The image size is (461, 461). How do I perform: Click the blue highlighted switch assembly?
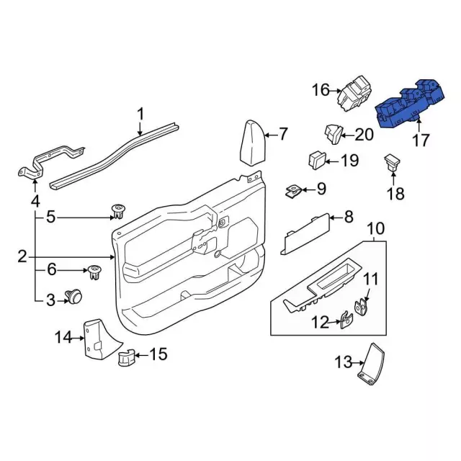tap(410, 104)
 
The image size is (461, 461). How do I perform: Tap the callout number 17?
tap(421, 140)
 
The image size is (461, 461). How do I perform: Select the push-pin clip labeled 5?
tap(118, 212)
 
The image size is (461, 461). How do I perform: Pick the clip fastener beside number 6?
tap(94, 272)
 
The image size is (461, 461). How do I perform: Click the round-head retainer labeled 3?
tap(73, 296)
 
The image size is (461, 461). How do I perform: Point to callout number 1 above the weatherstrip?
tap(141, 114)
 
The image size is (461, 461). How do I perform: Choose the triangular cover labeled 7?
tap(253, 143)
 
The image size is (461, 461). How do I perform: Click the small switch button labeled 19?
tap(317, 160)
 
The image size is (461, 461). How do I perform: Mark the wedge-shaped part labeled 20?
tap(334, 134)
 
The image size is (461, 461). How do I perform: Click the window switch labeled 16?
tap(354, 94)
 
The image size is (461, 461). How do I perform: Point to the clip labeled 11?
tap(362, 308)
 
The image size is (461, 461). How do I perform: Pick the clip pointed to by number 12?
tap(346, 320)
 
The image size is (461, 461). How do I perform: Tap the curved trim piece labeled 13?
tap(372, 364)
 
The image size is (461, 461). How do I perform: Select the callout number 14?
tap(63, 338)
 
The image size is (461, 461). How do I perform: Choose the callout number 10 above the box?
tap(376, 228)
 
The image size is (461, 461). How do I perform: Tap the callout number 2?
tap(22, 256)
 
